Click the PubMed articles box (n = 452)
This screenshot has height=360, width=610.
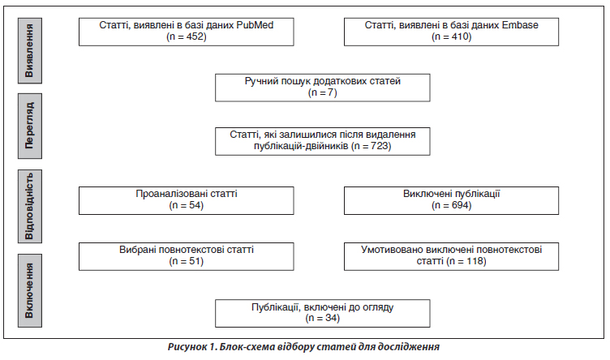click(x=187, y=32)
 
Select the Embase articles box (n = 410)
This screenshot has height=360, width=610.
click(x=451, y=32)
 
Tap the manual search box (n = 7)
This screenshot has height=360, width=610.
click(x=323, y=88)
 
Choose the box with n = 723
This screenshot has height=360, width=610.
click(x=323, y=142)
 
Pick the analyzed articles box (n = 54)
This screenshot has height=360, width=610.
click(x=187, y=200)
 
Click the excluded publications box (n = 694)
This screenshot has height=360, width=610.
click(x=451, y=200)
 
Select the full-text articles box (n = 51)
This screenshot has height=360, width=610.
click(x=187, y=256)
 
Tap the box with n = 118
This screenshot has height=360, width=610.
click(x=451, y=256)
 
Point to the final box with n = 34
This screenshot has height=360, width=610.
click(x=323, y=313)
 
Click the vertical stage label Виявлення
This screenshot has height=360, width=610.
click(x=29, y=50)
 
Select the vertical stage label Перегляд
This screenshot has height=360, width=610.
click(x=29, y=126)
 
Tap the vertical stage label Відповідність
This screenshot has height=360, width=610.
click(x=29, y=207)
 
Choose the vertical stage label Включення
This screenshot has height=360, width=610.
click(x=29, y=291)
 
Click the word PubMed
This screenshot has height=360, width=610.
click(x=255, y=25)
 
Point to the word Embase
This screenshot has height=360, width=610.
click(x=520, y=25)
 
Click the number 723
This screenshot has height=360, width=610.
click(x=380, y=146)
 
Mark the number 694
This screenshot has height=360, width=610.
click(x=460, y=205)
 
